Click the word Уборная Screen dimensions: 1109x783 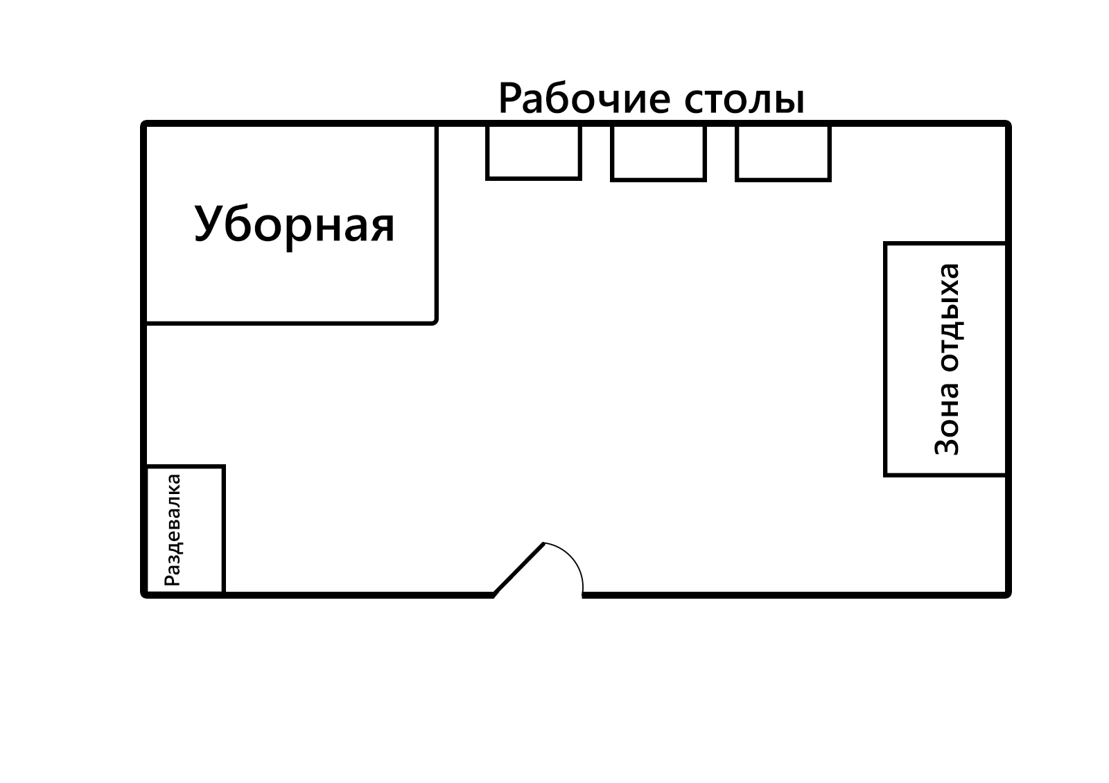click(295, 225)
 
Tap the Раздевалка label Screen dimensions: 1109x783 click(173, 530)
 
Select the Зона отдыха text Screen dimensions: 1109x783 click(947, 359)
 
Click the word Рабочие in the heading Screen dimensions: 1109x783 click(585, 98)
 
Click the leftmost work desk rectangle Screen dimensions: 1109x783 click(534, 152)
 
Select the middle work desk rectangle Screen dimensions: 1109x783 click(658, 152)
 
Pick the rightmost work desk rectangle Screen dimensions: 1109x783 click(783, 152)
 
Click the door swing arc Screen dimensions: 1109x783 click(575, 559)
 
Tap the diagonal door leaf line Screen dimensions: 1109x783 click(519, 569)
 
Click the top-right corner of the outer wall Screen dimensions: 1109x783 click(1008, 123)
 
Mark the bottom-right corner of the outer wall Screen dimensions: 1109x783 click(1008, 595)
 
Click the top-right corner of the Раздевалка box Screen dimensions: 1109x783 click(224, 466)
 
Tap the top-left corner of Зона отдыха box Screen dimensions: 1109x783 click(885, 243)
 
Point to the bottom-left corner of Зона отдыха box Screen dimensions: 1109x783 click(885, 475)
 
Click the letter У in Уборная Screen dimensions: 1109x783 click(207, 223)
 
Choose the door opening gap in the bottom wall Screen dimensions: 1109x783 click(538, 595)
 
